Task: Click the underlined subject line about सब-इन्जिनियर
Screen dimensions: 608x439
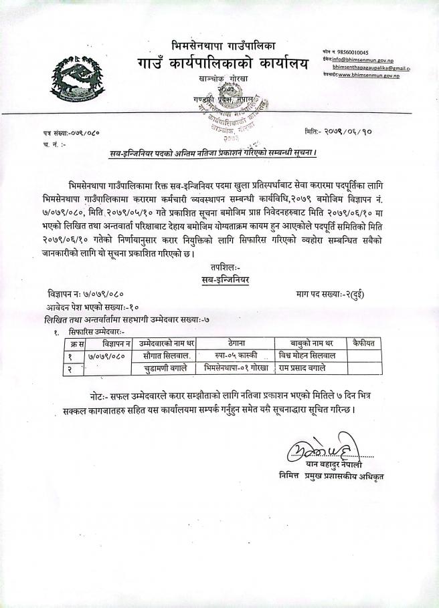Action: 213,154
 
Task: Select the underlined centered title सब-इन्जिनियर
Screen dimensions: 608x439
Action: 222,281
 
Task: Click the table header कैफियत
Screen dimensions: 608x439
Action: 364,343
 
